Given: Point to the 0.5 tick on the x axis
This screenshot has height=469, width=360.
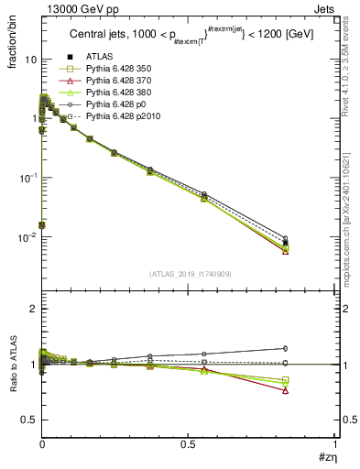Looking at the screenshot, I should (x=188, y=446).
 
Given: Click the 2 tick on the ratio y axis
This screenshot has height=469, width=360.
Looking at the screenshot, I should (x=34, y=310).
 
